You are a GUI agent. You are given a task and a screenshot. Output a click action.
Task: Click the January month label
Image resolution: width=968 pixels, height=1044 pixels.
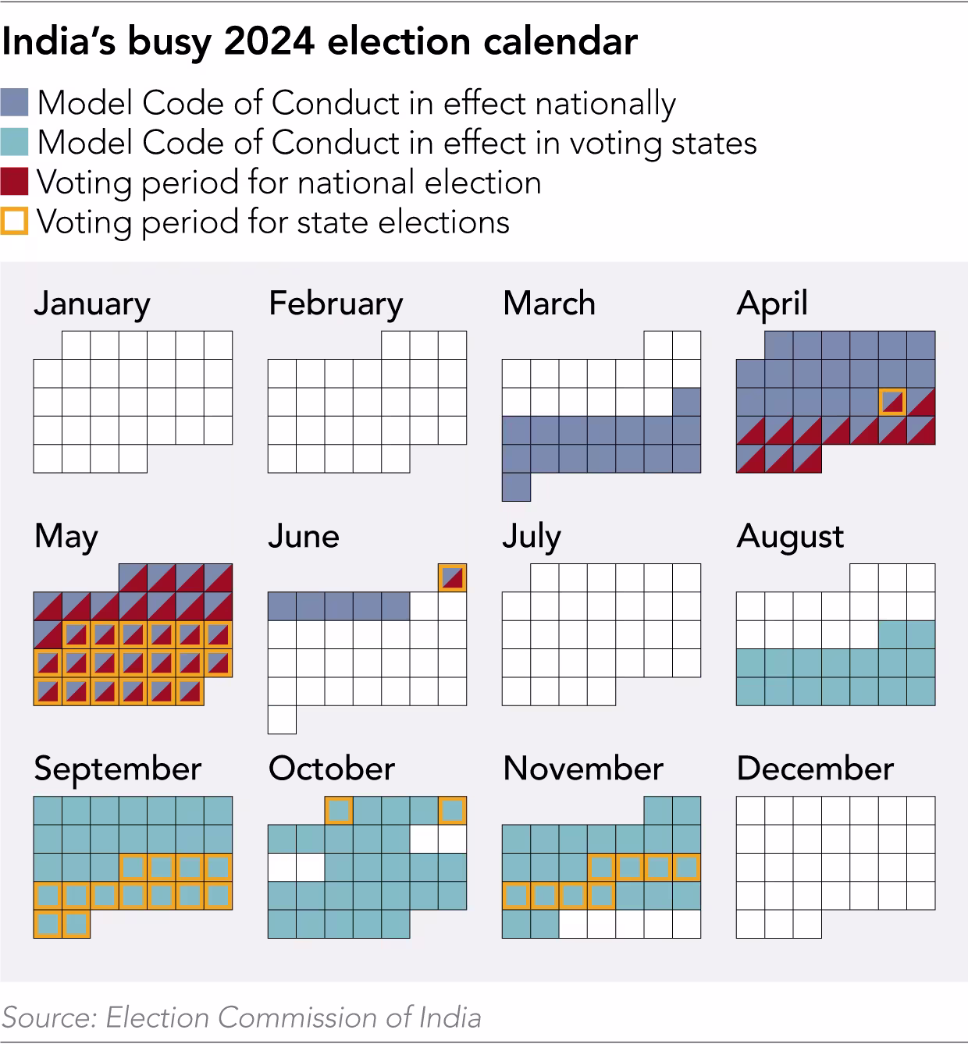coord(92,304)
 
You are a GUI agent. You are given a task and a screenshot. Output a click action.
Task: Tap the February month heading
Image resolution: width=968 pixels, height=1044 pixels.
coord(336,304)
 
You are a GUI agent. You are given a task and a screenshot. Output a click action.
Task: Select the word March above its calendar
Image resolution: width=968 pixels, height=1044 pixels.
coord(549,304)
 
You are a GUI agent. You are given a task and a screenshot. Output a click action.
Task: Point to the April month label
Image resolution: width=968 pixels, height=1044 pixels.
coord(771,304)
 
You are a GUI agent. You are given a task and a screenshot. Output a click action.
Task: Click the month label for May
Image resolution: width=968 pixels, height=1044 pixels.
coord(66,537)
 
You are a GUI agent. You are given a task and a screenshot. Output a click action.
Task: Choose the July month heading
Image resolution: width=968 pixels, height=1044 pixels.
coord(531,537)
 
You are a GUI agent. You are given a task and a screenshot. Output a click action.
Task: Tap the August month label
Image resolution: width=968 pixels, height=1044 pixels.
coord(790,537)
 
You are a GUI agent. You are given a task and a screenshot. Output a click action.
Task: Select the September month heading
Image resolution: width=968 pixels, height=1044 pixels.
coord(118,769)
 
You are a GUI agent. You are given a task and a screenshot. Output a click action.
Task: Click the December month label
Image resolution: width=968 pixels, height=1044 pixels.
coord(815,769)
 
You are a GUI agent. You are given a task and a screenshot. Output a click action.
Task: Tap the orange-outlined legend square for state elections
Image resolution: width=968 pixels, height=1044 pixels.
coord(15,222)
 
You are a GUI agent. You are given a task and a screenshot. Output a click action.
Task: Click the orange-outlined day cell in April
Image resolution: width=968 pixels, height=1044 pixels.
coord(892,402)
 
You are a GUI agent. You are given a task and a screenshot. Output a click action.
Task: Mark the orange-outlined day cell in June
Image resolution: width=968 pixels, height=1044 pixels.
coord(452,577)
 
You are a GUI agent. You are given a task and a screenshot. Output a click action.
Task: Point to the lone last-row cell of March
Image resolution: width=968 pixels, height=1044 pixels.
coord(516,487)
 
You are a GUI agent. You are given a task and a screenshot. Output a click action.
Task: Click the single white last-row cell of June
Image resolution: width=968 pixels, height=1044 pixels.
coord(282,719)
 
